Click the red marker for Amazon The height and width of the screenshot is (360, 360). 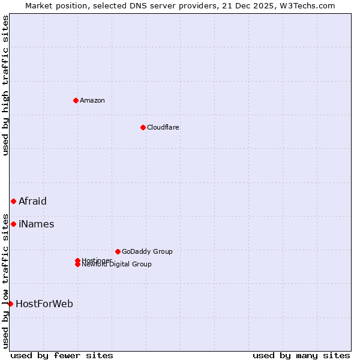tap(76, 100)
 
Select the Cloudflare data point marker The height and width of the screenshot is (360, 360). tap(143, 127)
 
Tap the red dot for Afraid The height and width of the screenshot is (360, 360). tap(13, 201)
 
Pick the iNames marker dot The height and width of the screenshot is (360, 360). tap(13, 224)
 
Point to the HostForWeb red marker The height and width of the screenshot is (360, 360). tap(10, 304)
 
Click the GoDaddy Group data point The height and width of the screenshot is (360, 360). tap(118, 251)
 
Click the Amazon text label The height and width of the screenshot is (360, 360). tap(92, 100)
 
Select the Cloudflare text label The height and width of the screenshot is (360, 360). tap(163, 127)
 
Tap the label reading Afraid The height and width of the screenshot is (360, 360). tap(32, 201)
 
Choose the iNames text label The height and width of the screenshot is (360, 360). tap(37, 224)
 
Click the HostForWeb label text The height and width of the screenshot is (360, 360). tap(44, 304)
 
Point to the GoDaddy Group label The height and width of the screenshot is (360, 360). tap(147, 251)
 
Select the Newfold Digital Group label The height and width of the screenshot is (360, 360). tap(117, 265)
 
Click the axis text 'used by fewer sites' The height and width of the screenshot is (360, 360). tap(62, 355)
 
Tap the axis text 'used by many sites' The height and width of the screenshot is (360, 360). tap(301, 355)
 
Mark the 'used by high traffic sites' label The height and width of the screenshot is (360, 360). tap(5, 85)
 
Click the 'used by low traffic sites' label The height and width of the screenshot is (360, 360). tap(5, 280)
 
